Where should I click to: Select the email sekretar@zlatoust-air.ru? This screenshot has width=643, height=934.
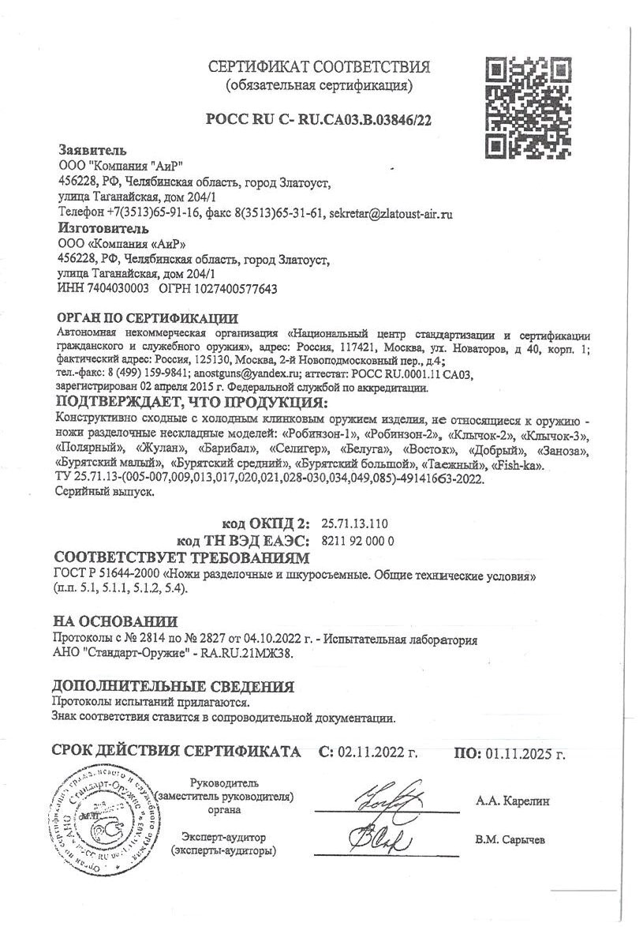coord(391,213)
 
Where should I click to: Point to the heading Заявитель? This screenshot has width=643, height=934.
coord(92,150)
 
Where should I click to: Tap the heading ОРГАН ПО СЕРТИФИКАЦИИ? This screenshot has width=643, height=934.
coord(148,319)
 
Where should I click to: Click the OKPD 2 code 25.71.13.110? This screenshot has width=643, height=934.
coord(355,524)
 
